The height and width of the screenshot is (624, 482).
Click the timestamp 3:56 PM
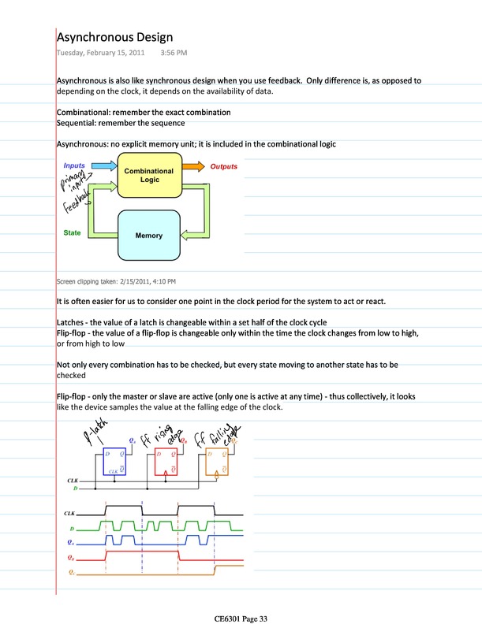[173, 53]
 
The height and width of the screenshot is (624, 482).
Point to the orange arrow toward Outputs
[192, 167]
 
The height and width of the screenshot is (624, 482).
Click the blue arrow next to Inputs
[103, 166]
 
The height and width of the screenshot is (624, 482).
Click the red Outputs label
[223, 167]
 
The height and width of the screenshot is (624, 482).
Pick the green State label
[72, 234]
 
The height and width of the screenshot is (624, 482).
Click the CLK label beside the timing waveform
[69, 513]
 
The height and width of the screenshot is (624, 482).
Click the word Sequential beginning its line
[77, 123]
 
